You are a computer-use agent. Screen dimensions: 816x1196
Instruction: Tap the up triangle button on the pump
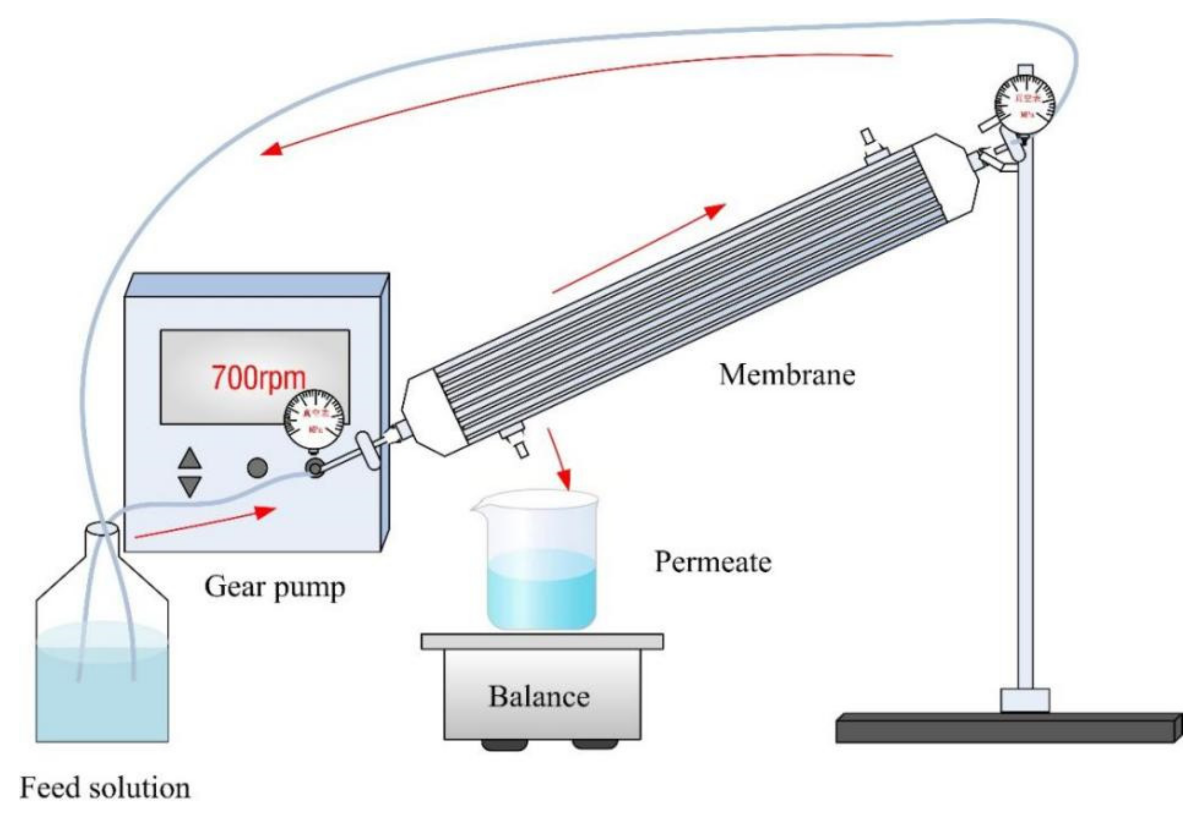click(x=190, y=458)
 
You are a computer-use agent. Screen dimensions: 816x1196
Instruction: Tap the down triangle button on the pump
click(x=190, y=486)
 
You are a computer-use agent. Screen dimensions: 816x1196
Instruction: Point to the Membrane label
click(x=787, y=375)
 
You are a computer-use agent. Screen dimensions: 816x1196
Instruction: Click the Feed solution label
click(x=105, y=788)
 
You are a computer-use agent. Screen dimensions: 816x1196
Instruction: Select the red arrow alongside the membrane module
click(x=638, y=248)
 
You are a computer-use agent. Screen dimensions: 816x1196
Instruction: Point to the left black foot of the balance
click(x=504, y=744)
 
